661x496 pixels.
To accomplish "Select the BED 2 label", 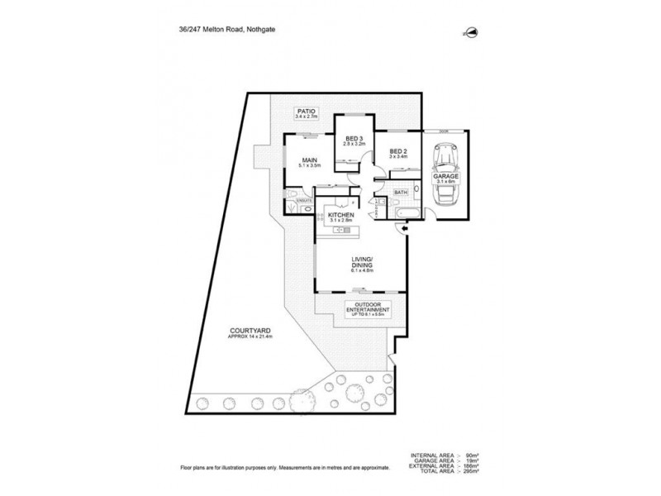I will [x=397, y=151].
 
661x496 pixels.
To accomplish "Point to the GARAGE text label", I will [x=446, y=176].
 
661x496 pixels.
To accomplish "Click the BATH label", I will [x=401, y=193].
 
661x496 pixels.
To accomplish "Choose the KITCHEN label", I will [x=340, y=215].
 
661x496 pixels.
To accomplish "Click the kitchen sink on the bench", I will [x=339, y=231].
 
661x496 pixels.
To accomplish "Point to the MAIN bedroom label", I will [x=311, y=160].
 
